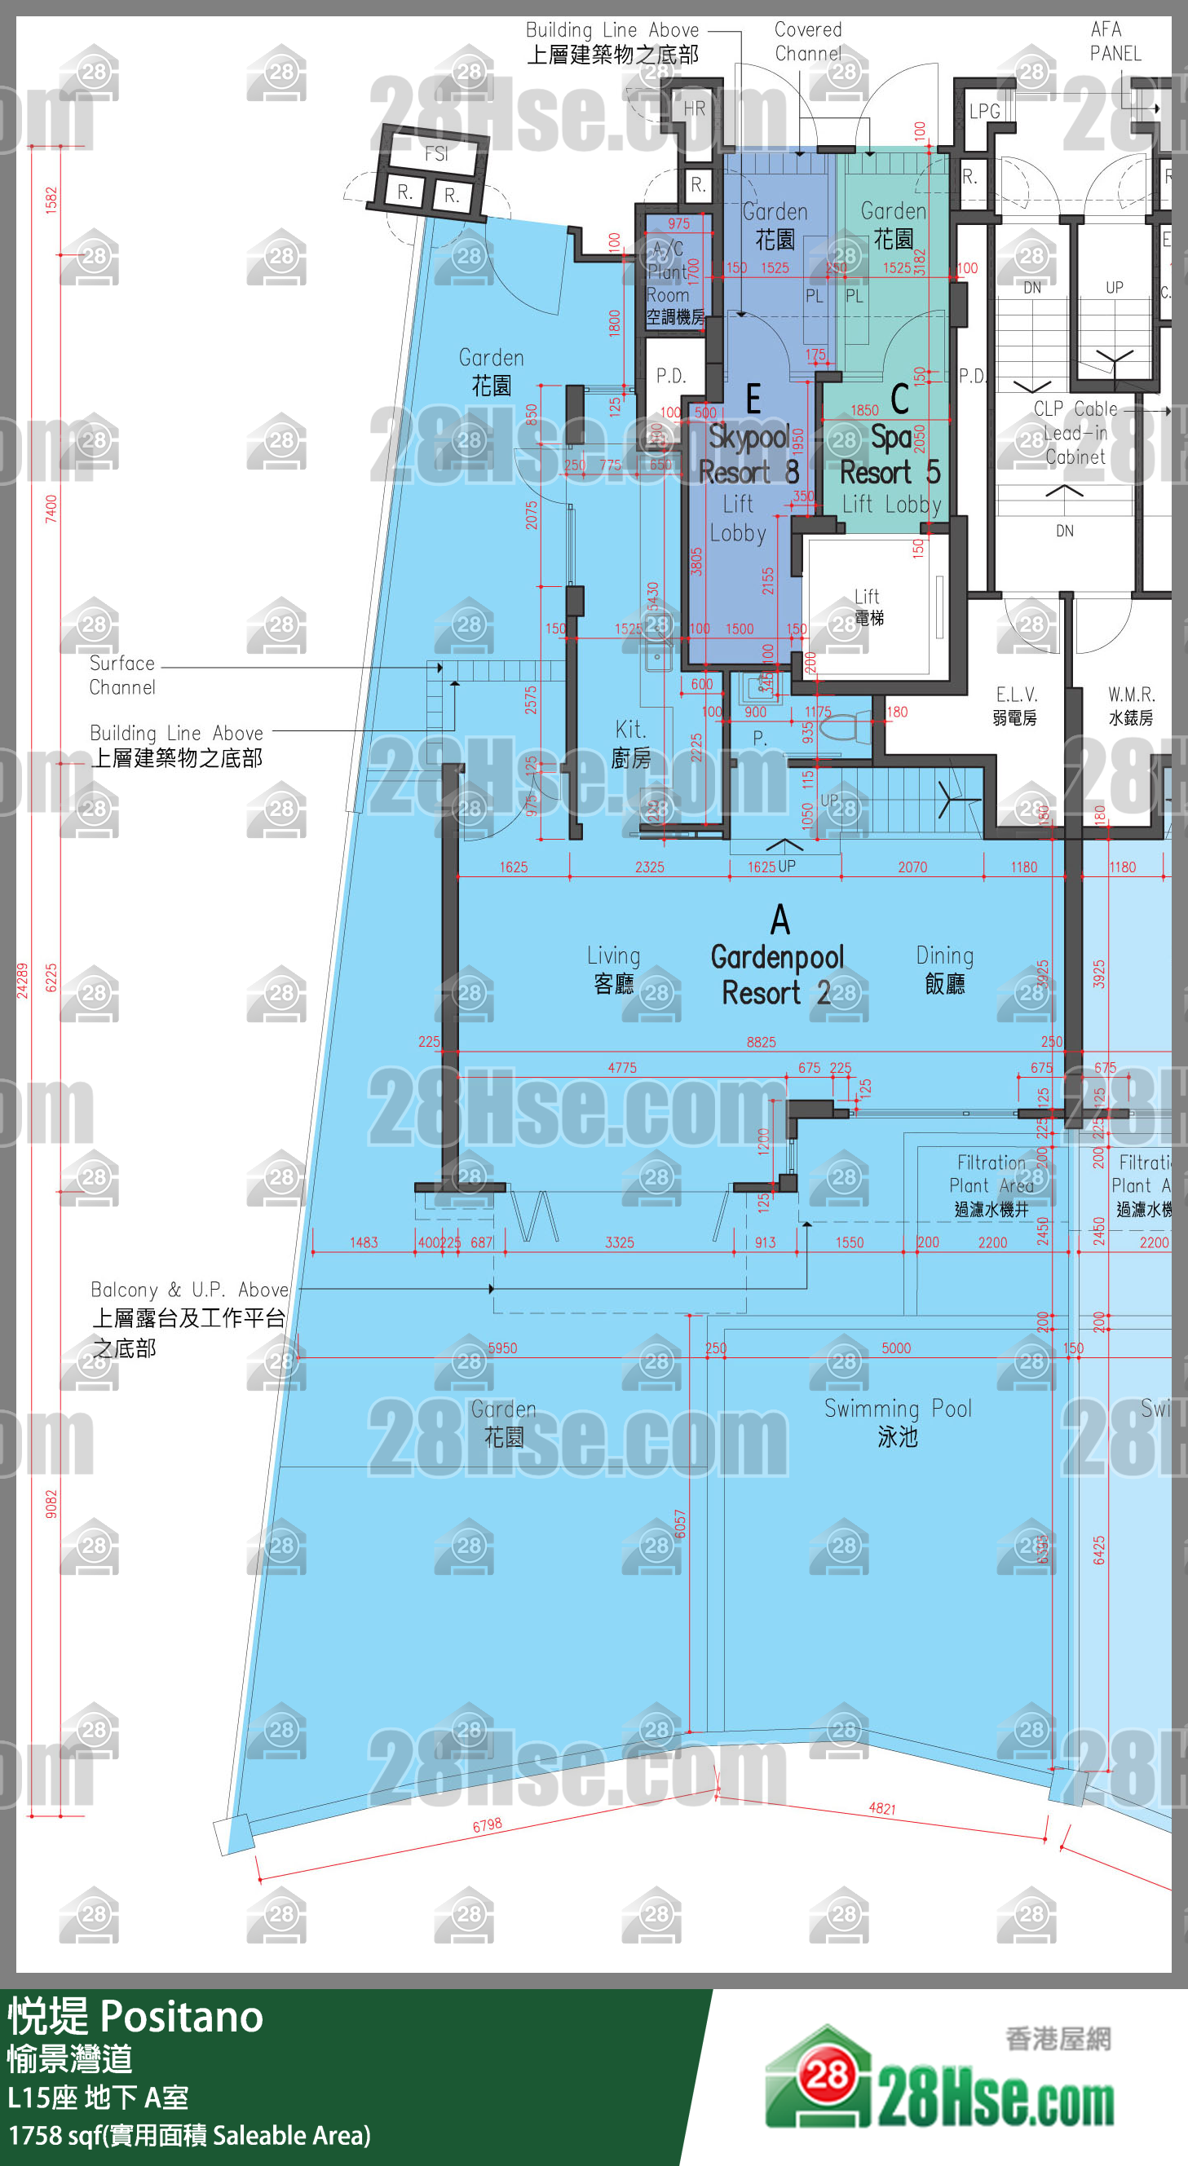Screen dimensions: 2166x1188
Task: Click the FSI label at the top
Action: [x=436, y=154]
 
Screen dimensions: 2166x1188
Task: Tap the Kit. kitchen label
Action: [x=631, y=743]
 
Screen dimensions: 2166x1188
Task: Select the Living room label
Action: [x=614, y=969]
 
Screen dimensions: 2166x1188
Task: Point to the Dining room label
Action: [x=945, y=969]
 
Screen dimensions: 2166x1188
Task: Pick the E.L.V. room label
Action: [x=1016, y=705]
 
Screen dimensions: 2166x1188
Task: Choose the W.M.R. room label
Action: [x=1131, y=705]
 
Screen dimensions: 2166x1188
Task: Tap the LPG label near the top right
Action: [x=984, y=111]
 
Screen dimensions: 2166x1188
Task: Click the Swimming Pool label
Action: [x=897, y=1422]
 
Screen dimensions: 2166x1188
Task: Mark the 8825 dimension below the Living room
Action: [x=761, y=1043]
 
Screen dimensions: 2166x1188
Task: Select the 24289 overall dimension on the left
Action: [x=23, y=981]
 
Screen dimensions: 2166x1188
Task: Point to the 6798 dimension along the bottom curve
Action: [x=487, y=1824]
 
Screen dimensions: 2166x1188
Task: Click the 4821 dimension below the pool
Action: [x=882, y=1808]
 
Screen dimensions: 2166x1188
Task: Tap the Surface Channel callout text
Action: [x=123, y=675]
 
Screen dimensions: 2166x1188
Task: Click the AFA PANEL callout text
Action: [x=1115, y=42]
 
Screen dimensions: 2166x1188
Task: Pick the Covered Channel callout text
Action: [x=808, y=42]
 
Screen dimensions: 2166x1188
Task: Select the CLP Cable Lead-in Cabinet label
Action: [x=1075, y=433]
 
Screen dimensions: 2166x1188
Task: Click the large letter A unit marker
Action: [x=780, y=920]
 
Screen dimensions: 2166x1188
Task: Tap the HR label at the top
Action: [x=695, y=108]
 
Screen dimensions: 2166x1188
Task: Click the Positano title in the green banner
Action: [x=182, y=2017]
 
